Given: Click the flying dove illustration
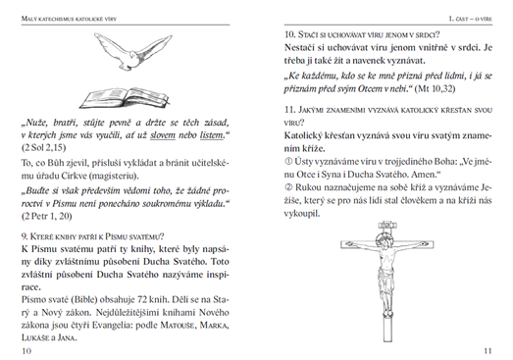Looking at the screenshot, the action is click(132, 51).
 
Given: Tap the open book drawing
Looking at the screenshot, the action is click(125, 97).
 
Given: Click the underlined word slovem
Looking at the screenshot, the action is click(163, 135).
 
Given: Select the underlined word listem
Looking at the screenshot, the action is click(212, 135).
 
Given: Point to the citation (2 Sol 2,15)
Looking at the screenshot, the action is click(43, 148).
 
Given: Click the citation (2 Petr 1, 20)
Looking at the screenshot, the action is click(46, 217).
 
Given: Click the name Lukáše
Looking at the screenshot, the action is click(35, 337).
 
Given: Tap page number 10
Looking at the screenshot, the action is click(26, 351).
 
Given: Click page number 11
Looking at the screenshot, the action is click(487, 351).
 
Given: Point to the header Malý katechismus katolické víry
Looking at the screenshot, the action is click(69, 19).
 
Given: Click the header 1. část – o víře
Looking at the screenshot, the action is click(470, 19).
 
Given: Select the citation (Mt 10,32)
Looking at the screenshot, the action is click(435, 88).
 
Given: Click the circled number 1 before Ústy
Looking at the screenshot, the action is click(288, 161).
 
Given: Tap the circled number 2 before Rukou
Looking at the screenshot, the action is click(288, 187).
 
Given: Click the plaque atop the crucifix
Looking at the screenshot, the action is click(387, 226).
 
